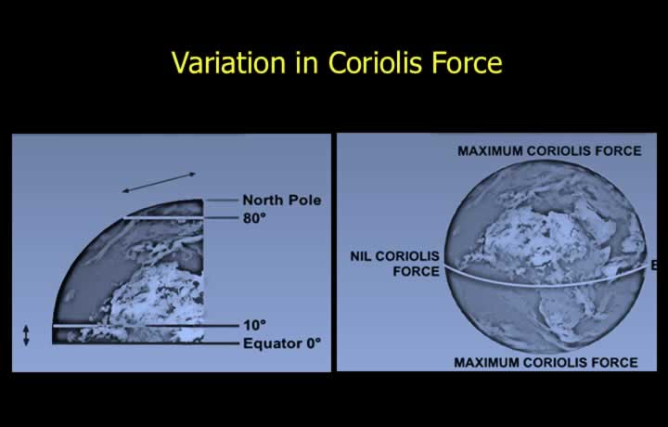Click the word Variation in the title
(228, 62)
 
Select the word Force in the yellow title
(468, 62)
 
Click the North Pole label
(282, 200)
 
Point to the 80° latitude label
(254, 218)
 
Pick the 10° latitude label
(254, 325)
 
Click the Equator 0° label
(282, 343)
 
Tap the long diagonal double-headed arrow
(159, 182)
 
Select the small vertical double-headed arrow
(26, 335)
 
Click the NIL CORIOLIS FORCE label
(395, 264)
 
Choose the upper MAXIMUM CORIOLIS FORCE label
(549, 151)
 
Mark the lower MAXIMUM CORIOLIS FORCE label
(546, 363)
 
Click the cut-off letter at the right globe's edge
(653, 265)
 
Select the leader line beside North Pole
(222, 200)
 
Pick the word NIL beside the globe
(361, 256)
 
